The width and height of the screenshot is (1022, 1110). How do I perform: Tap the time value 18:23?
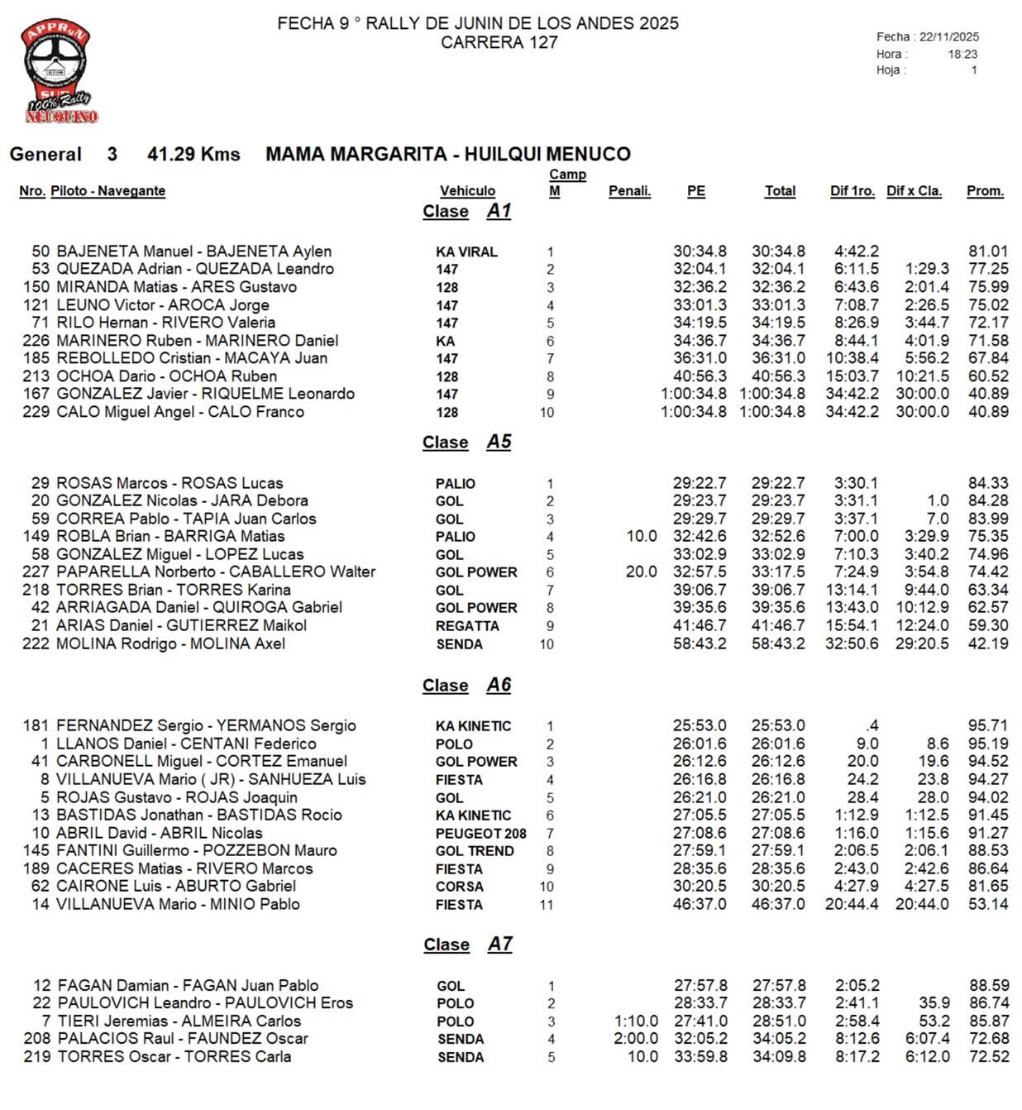coord(962,54)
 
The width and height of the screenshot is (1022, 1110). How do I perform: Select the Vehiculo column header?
coord(467,191)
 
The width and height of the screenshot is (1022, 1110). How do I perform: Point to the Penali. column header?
coord(629,191)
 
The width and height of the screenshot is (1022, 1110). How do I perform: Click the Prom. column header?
coord(985,191)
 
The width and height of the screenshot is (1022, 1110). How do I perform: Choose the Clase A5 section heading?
coord(467,443)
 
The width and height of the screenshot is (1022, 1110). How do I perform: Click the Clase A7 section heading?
coord(468,945)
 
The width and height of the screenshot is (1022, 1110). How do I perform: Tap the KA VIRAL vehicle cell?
coord(466,252)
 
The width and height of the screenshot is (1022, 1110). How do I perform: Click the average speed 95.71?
coord(988,725)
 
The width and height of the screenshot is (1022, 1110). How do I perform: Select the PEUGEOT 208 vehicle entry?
coord(480,834)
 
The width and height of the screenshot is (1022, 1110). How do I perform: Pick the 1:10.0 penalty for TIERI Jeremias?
coord(636,1021)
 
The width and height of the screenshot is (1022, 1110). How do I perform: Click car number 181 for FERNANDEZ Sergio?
coord(36,726)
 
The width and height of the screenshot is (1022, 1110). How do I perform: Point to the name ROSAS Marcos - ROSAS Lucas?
coord(170,483)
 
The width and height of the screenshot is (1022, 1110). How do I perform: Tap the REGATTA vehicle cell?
coord(467,626)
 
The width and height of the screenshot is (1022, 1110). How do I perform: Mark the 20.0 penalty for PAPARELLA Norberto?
coord(642,572)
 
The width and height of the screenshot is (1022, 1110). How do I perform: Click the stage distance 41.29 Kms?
coord(193,155)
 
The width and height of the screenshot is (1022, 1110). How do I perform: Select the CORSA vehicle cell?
coord(459,887)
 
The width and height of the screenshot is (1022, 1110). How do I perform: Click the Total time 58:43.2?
coord(778,644)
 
